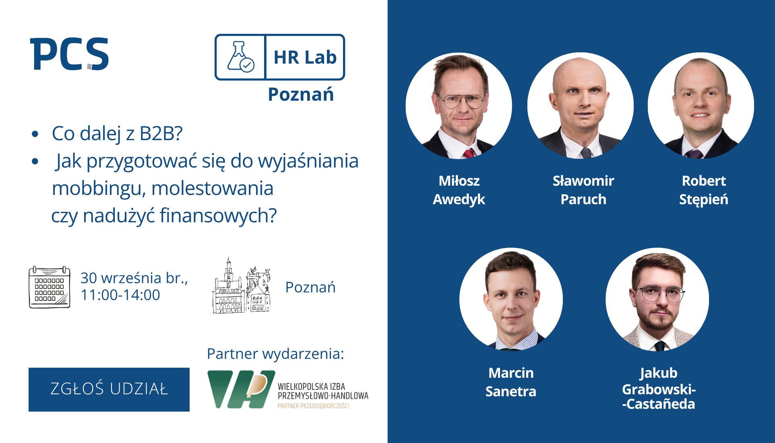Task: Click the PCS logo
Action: click(x=69, y=54)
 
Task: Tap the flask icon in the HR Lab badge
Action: click(x=240, y=57)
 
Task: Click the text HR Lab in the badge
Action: click(x=305, y=57)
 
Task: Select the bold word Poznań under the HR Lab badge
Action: click(x=301, y=94)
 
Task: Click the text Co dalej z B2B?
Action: click(x=117, y=133)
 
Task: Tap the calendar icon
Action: click(x=50, y=287)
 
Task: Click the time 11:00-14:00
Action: click(x=120, y=295)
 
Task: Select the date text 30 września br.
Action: click(x=134, y=278)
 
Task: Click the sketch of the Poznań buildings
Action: click(x=242, y=286)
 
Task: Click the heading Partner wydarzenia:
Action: click(x=275, y=354)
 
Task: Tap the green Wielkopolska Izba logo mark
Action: click(x=241, y=389)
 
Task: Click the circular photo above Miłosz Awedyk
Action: click(x=459, y=106)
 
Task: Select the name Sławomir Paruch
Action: click(x=583, y=190)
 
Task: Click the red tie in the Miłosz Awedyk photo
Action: click(x=469, y=153)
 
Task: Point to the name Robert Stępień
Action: click(x=704, y=190)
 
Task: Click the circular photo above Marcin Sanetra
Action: click(x=511, y=299)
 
